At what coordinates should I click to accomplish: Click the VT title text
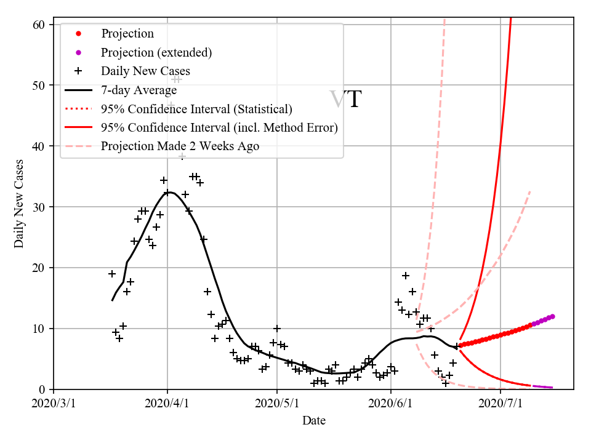(x=345, y=100)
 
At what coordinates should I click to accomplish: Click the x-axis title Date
(x=314, y=421)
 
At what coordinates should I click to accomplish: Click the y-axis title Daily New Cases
(x=19, y=204)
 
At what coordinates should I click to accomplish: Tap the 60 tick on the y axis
(x=39, y=25)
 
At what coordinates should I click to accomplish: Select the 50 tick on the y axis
(x=39, y=86)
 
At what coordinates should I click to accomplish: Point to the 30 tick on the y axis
(x=39, y=207)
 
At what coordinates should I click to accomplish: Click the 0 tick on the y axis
(x=42, y=389)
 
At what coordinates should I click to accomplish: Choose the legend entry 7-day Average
(x=139, y=90)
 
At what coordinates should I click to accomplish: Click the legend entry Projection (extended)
(x=156, y=52)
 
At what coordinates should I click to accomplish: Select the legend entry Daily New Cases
(x=145, y=71)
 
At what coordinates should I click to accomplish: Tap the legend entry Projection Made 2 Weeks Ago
(x=180, y=146)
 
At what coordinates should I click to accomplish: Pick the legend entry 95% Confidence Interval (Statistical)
(x=196, y=110)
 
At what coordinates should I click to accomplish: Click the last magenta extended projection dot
(x=552, y=316)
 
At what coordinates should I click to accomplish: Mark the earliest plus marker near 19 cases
(x=112, y=274)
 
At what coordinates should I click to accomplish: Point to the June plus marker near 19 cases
(x=406, y=276)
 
